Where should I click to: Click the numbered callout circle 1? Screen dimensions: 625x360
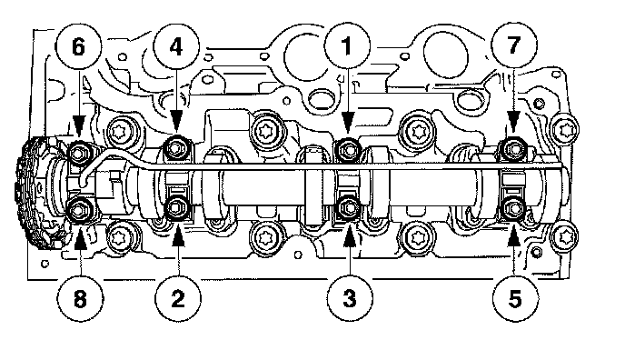(x=347, y=45)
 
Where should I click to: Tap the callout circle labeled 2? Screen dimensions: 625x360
(x=178, y=298)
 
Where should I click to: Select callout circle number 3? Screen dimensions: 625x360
(x=350, y=298)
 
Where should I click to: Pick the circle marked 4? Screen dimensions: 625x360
(x=176, y=47)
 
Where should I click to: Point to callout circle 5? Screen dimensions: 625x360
(x=514, y=298)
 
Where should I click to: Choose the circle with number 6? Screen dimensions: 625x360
(x=78, y=47)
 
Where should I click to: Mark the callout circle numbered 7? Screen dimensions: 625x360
(x=514, y=45)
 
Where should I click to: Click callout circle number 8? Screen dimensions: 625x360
(x=80, y=298)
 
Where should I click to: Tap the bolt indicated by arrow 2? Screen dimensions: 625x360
(x=175, y=207)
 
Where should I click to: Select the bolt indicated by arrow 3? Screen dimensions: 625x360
(x=348, y=207)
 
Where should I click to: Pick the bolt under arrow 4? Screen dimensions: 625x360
(x=175, y=148)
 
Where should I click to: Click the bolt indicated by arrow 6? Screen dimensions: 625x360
(x=79, y=152)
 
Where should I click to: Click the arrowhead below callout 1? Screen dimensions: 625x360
(x=348, y=122)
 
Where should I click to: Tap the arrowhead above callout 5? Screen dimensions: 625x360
(x=514, y=235)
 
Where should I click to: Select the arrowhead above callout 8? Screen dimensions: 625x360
(x=80, y=235)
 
